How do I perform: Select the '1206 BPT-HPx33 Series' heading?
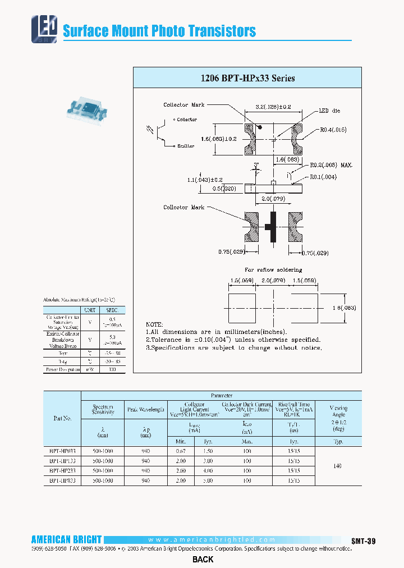247,78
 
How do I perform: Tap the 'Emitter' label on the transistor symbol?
185,146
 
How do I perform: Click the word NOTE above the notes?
154,324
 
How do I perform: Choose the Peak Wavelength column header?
146,410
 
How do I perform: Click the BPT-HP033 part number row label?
62,451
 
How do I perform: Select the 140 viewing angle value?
338,466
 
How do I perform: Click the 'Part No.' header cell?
62,418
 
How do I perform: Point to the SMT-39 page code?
364,540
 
